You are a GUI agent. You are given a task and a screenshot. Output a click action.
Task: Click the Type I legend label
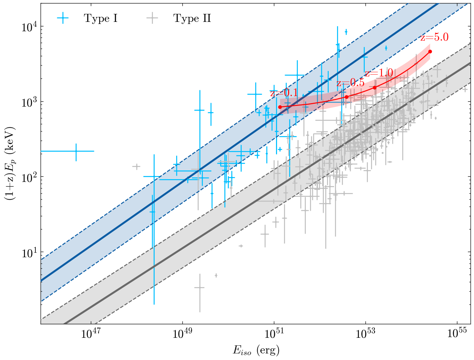click(101, 18)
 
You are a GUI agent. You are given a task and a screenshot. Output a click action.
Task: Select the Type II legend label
click(192, 18)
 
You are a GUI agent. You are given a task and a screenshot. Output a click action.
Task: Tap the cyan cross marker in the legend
click(63, 18)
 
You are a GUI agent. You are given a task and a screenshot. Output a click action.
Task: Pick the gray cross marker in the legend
click(152, 18)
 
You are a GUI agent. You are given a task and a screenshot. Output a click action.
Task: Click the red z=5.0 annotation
click(434, 37)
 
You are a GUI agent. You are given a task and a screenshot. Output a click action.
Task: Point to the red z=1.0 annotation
click(379, 73)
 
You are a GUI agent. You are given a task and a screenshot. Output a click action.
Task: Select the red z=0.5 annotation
click(350, 83)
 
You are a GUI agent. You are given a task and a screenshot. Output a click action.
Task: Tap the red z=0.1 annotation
click(284, 93)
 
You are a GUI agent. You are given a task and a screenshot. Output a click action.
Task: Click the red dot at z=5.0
click(430, 51)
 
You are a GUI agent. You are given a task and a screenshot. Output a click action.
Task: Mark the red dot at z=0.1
click(280, 107)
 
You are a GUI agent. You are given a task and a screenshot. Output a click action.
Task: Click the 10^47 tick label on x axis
click(91, 334)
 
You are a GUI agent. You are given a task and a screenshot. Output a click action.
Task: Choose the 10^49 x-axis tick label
click(182, 334)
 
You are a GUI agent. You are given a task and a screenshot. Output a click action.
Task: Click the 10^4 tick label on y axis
click(29, 27)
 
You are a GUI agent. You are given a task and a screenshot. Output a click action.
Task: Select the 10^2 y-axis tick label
click(29, 177)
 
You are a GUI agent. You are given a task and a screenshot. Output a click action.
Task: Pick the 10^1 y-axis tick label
click(29, 252)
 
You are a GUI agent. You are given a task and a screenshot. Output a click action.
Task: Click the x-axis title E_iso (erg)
click(256, 350)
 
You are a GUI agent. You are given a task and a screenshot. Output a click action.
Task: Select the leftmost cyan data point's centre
click(76, 151)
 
